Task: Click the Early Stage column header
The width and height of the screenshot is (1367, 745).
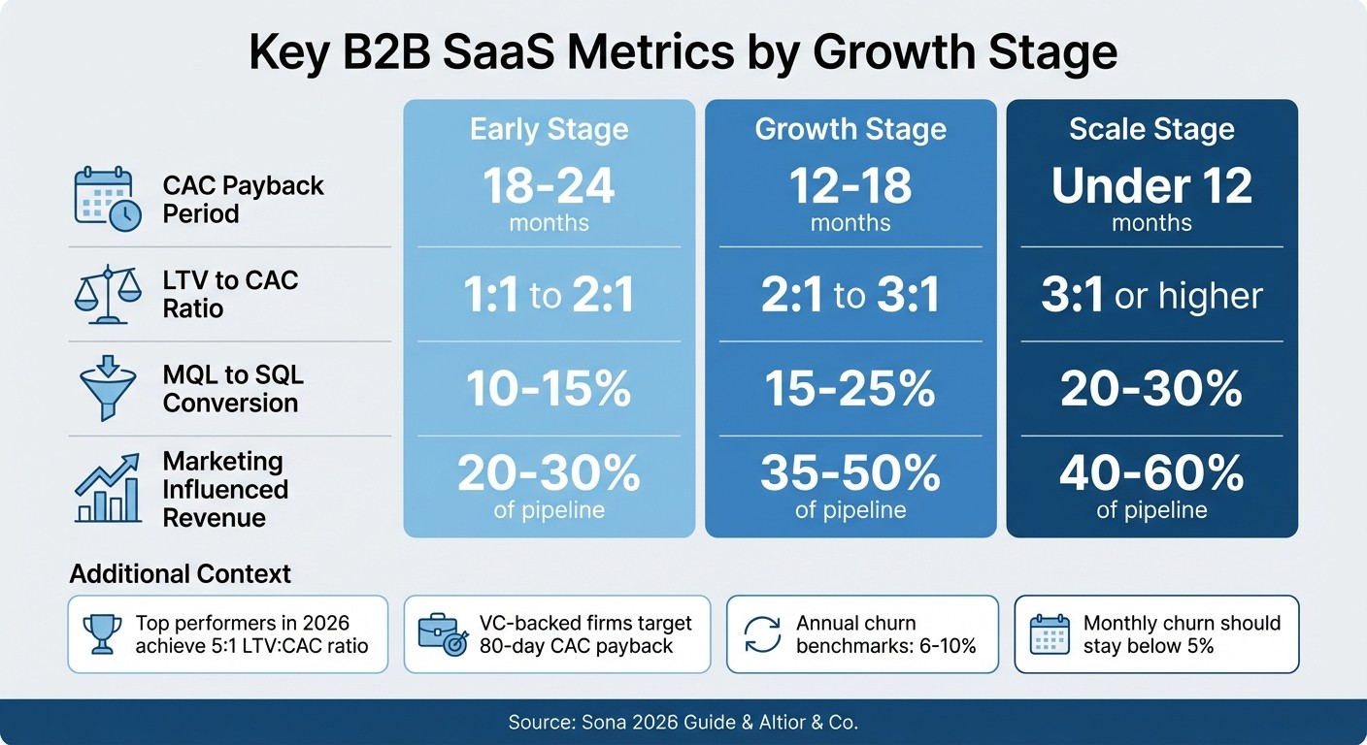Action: [549, 130]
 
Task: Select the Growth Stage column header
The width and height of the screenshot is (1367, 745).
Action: [850, 130]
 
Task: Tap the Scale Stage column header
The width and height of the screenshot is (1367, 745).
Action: [1151, 130]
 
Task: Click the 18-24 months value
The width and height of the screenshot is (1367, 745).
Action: [549, 198]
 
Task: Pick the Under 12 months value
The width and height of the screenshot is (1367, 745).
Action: [1151, 198]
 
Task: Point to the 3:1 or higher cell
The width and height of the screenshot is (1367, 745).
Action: [1151, 296]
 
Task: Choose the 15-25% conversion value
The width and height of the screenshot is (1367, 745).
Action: [850, 389]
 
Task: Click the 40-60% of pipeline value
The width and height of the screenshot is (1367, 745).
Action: [1151, 485]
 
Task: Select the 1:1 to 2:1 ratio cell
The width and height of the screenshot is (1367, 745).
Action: [549, 296]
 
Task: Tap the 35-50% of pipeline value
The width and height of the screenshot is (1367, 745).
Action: [850, 485]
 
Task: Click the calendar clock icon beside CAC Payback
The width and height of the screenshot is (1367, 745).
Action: [107, 199]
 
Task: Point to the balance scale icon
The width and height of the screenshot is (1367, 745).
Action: [106, 294]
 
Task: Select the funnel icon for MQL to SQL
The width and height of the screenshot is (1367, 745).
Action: [106, 388]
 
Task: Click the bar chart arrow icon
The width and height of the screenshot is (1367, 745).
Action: [106, 491]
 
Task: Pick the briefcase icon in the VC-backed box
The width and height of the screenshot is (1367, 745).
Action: [442, 634]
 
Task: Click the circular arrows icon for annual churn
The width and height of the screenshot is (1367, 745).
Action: [762, 634]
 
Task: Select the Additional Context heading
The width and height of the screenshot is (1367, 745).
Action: [180, 573]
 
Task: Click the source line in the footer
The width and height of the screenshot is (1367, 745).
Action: [683, 723]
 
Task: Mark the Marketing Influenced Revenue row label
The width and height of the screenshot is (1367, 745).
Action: [224, 489]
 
